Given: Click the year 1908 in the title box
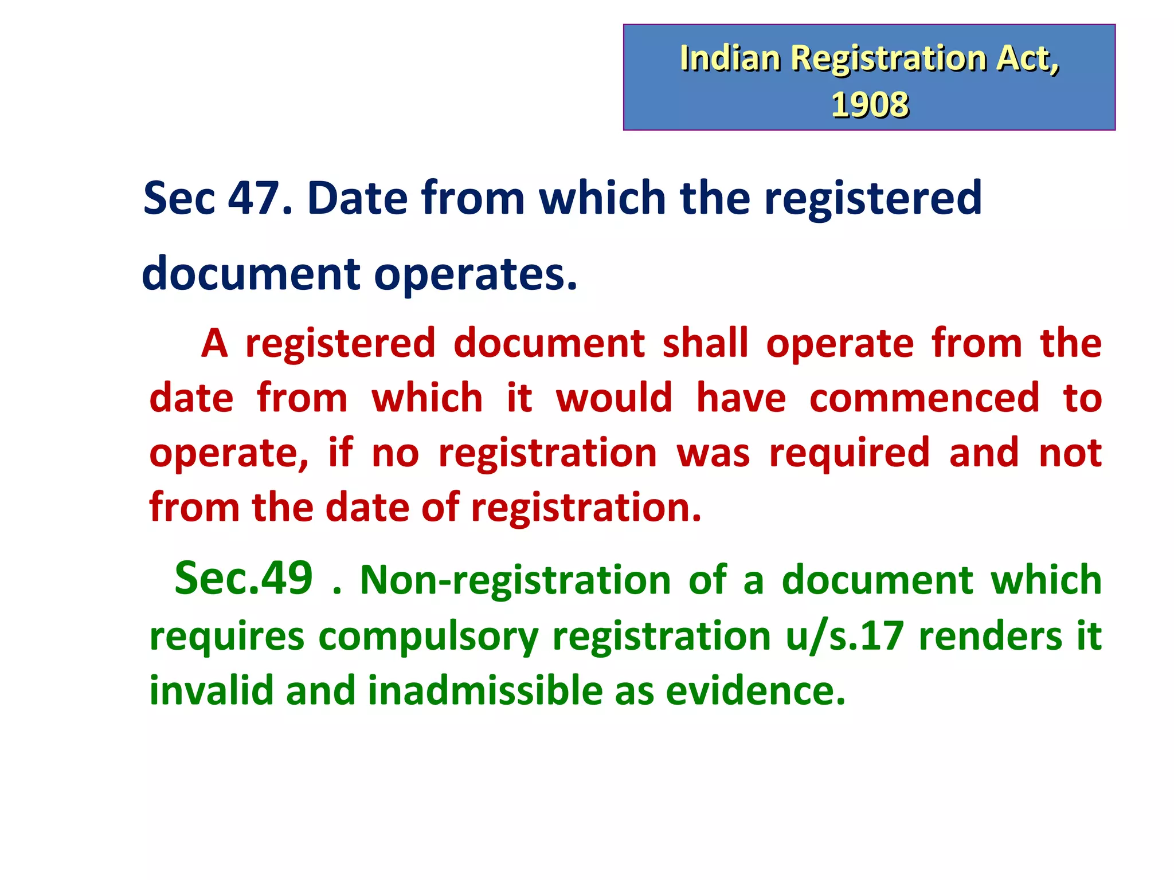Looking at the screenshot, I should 870,105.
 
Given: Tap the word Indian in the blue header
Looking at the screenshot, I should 730,58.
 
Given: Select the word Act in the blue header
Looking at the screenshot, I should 1027,58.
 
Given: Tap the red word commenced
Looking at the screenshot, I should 924,398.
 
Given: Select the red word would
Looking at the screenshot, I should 614,398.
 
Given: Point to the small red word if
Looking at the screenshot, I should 340,452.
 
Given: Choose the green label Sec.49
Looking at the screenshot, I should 244,579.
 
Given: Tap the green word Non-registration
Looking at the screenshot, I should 515,580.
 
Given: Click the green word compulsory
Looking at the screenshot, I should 428,637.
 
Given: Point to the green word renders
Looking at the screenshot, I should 990,637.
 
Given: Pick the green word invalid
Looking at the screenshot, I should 211,690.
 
